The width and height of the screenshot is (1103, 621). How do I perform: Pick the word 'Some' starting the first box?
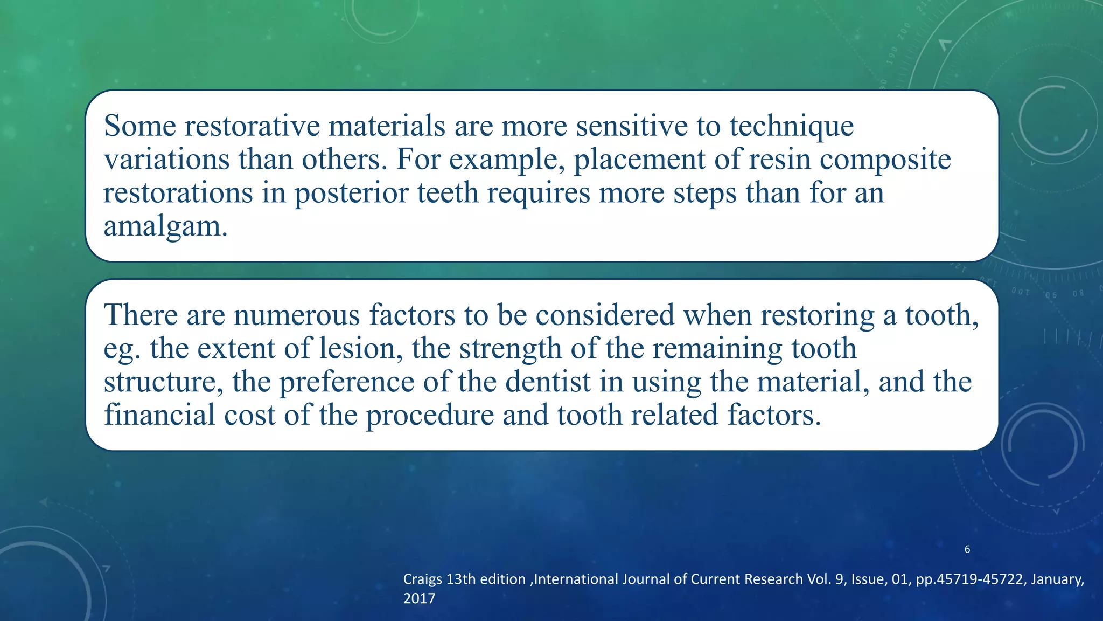tap(140, 126)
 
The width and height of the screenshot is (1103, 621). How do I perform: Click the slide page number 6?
tap(967, 549)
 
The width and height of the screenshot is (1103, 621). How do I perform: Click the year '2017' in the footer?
tap(419, 599)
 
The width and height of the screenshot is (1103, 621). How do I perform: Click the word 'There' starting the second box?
tap(141, 315)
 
